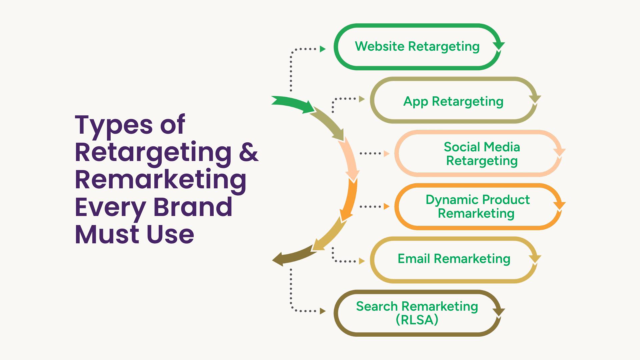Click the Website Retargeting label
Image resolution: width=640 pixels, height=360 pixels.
417,46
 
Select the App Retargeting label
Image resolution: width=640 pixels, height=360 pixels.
453,101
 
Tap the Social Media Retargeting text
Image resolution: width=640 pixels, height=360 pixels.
482,154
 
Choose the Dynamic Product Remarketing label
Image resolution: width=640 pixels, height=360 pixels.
477,206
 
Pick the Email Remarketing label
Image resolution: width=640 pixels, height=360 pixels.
454,259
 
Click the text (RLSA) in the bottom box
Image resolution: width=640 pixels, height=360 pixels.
417,320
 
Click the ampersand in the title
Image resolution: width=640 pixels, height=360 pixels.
249,152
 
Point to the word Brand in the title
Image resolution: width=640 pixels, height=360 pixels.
193,207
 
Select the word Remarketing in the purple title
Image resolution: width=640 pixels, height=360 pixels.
161,180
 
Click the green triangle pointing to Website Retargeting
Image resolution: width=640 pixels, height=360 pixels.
323,49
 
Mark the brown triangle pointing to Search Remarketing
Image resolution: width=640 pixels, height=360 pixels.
323,311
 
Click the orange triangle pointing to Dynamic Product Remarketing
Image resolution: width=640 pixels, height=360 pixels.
387,206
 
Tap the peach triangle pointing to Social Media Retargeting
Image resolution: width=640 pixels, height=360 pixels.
387,154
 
